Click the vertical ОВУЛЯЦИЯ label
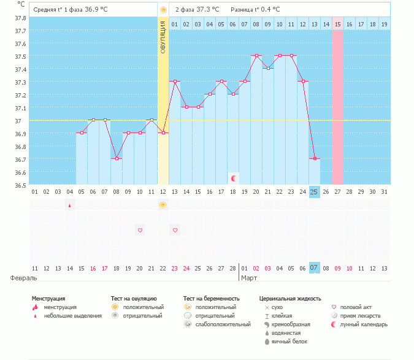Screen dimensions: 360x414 pyautogui.click(x=163, y=37)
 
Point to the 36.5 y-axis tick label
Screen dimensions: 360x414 pyautogui.click(x=21, y=185)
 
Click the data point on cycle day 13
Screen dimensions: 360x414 pyautogui.click(x=175, y=81)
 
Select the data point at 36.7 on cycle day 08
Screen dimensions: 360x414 pyautogui.click(x=116, y=158)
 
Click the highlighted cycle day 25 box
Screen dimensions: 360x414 pyautogui.click(x=314, y=192)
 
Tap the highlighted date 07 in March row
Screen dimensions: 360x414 pyautogui.click(x=314, y=268)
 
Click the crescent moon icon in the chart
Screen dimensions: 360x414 pyautogui.click(x=234, y=178)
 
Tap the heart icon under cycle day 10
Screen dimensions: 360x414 pyautogui.click(x=140, y=230)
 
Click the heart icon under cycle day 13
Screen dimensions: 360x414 pyautogui.click(x=175, y=230)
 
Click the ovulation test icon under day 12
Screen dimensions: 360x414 pyautogui.click(x=163, y=205)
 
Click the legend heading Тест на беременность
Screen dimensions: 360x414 pyautogui.click(x=211, y=298)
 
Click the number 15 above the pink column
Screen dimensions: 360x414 pyautogui.click(x=337, y=24)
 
